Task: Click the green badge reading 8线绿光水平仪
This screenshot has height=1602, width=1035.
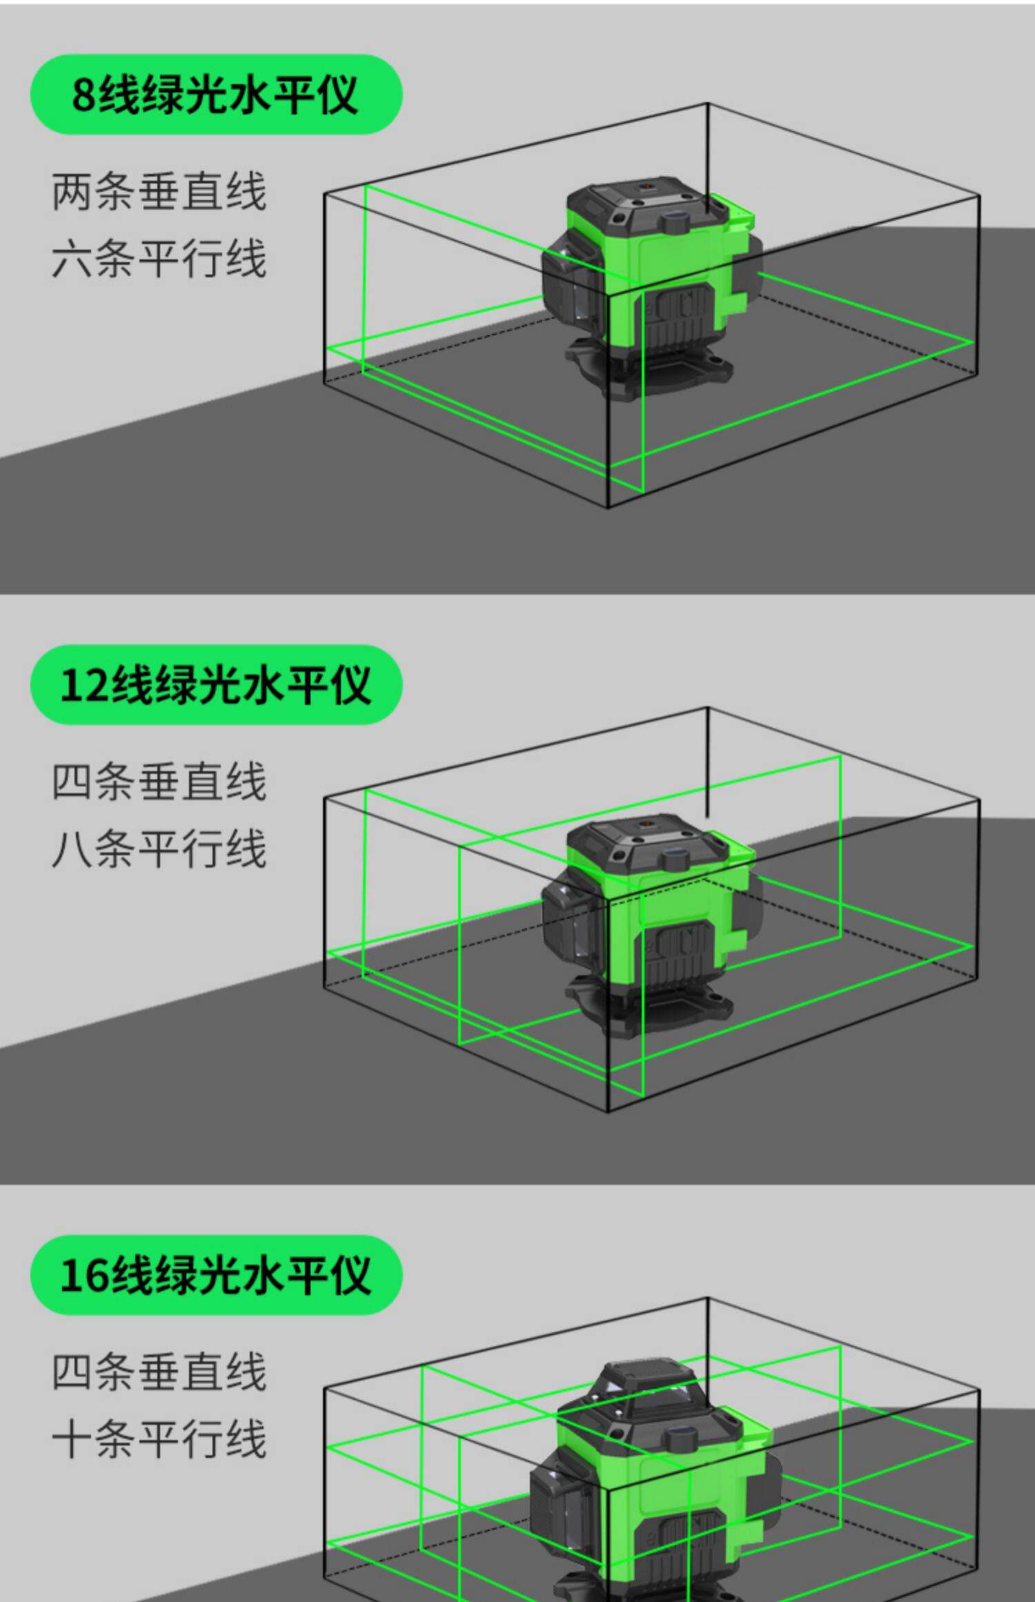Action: (216, 94)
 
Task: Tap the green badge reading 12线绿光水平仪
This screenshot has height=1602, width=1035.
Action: (216, 684)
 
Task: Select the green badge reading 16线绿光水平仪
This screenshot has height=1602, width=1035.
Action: (216, 1275)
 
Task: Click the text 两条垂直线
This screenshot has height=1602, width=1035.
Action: (159, 192)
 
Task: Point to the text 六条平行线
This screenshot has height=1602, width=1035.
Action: (159, 259)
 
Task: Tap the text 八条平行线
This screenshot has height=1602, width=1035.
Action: (159, 849)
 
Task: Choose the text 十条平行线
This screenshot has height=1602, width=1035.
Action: (159, 1440)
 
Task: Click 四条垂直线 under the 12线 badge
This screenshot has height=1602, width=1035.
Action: (159, 782)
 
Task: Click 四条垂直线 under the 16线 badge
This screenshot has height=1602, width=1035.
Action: (159, 1373)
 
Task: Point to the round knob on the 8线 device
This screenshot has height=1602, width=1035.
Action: (677, 222)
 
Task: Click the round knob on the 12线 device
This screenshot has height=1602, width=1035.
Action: (677, 860)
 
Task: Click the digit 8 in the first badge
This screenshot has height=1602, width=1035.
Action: (83, 95)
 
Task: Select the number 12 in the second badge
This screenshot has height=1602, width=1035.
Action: (84, 685)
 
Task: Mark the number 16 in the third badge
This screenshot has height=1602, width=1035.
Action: (84, 1276)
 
